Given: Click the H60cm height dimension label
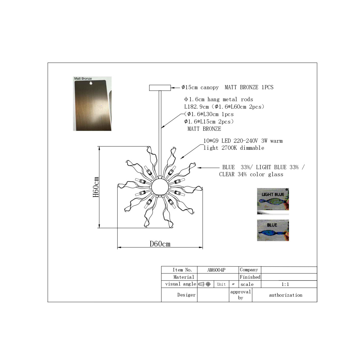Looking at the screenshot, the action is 96,187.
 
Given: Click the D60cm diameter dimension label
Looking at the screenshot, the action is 160,244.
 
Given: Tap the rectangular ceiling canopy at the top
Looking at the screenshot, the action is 160,88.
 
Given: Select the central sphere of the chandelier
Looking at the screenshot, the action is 160,187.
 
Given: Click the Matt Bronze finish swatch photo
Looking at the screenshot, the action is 92,104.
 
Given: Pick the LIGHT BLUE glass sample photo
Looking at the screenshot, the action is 273,201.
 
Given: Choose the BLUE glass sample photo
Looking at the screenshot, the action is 273,230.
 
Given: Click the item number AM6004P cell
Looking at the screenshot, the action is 216,270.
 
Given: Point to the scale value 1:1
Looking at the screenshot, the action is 285,284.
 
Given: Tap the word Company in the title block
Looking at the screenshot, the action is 249,270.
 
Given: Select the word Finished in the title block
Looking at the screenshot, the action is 250,277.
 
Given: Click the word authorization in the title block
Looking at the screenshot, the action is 286,295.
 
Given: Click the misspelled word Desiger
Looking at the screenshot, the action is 186,295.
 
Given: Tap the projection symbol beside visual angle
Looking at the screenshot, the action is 204,284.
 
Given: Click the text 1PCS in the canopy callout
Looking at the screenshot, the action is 267,87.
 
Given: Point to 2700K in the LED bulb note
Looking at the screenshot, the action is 229,148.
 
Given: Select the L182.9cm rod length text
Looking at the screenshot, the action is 197,107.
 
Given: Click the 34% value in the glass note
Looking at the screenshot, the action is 242,174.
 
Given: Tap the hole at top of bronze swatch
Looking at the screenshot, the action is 91,83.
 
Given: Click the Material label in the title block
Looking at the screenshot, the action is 184,277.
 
